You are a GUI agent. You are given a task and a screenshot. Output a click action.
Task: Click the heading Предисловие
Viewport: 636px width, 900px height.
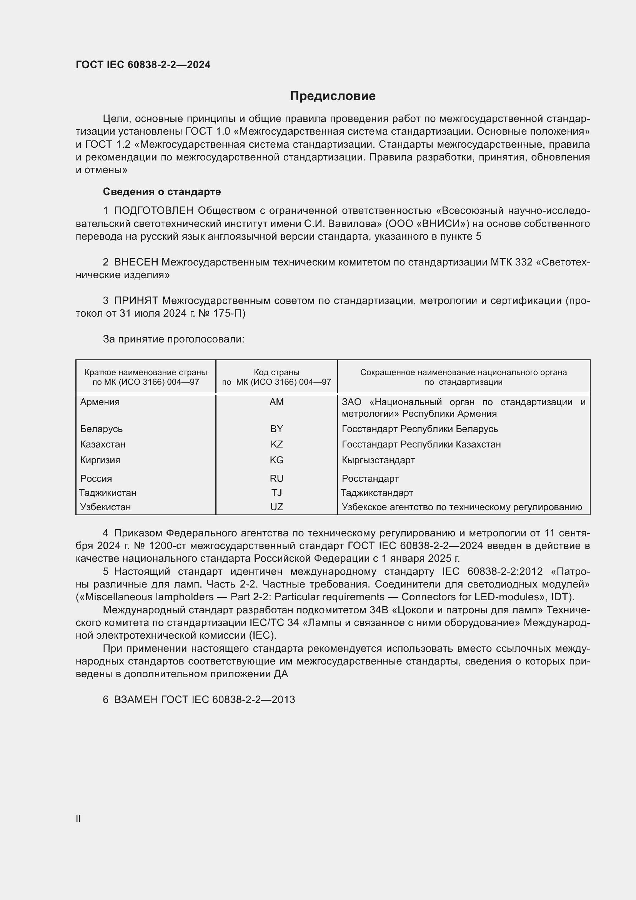click(x=333, y=96)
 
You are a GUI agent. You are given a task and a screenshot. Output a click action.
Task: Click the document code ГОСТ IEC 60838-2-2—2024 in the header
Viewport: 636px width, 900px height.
click(x=143, y=65)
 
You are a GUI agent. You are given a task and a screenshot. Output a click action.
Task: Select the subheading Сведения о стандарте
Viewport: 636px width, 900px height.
click(x=162, y=192)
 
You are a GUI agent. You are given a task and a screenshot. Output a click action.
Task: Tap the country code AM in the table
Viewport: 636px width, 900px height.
click(x=276, y=402)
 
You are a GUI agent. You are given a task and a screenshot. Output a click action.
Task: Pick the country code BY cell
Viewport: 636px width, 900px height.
click(x=276, y=429)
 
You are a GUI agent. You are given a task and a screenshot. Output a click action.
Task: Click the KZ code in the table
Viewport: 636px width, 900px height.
click(x=276, y=444)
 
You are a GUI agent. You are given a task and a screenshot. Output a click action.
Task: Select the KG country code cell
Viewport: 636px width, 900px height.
click(x=276, y=460)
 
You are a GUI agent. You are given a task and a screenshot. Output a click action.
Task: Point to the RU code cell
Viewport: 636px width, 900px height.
click(x=276, y=478)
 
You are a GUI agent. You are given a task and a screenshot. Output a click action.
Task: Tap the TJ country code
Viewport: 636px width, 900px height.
click(x=276, y=493)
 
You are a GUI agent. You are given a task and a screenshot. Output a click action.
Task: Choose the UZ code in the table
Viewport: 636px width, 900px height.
click(x=276, y=507)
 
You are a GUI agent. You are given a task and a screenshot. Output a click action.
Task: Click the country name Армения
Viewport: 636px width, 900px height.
click(x=100, y=402)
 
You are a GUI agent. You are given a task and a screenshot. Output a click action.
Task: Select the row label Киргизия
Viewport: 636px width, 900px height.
click(x=100, y=460)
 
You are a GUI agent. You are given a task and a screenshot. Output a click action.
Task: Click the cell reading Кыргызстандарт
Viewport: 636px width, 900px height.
click(x=378, y=460)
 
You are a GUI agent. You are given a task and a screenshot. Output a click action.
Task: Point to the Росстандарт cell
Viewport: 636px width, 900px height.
click(x=370, y=478)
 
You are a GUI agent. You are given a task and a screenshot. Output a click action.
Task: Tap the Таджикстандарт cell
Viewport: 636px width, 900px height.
click(x=377, y=493)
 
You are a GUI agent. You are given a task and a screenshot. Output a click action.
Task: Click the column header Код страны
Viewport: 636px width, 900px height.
click(x=276, y=372)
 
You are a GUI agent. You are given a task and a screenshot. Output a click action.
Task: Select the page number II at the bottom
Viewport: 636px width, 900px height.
click(x=78, y=818)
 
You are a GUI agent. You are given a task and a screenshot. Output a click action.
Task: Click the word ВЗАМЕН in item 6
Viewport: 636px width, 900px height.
click(x=135, y=700)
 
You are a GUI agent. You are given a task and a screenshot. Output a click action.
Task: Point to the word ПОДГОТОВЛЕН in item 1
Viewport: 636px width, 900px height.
click(x=154, y=210)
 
